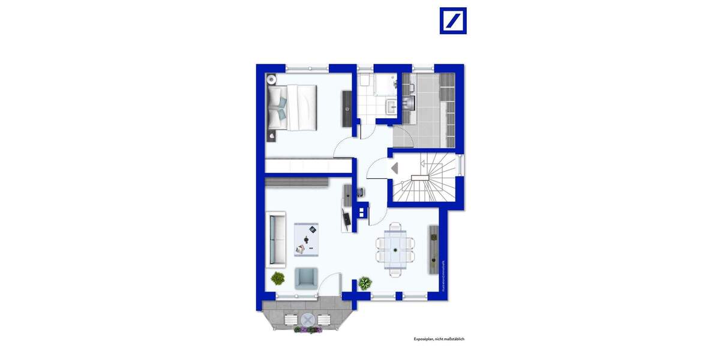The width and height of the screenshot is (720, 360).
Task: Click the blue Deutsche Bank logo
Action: pos(453,20)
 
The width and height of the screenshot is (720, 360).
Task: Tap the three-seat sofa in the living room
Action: pos(275,238)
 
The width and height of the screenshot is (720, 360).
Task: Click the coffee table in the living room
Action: pos(306,239)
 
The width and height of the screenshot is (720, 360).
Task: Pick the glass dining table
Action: pos(395,249)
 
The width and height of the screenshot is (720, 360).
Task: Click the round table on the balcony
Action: pos(308,319)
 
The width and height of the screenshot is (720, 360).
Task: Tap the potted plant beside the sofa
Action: pos(277,278)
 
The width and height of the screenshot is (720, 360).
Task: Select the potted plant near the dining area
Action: pos(365,282)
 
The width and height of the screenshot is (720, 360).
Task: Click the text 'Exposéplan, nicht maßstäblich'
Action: pos(439,339)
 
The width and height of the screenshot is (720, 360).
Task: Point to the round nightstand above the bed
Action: pos(272,78)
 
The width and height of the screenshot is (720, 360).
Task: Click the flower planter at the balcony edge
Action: pos(308,329)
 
